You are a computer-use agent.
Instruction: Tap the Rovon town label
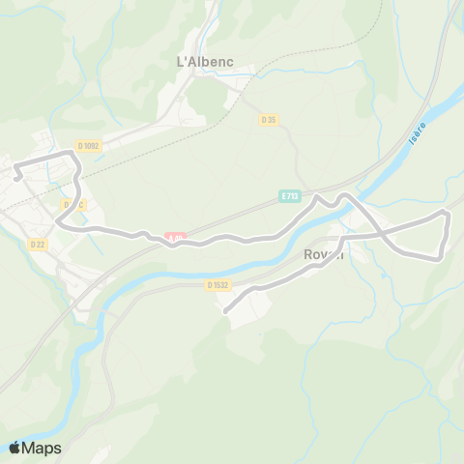click(x=324, y=254)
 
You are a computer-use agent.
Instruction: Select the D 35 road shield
click(x=269, y=119)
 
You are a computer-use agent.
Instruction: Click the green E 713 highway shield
click(x=289, y=195)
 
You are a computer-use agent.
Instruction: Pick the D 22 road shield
click(x=38, y=245)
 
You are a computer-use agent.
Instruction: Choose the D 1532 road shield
click(x=217, y=284)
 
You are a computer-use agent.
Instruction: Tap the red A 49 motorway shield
click(x=174, y=237)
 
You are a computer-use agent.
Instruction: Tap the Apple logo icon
click(x=15, y=448)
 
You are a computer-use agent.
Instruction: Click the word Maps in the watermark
click(x=43, y=448)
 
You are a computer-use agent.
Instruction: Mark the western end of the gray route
click(x=16, y=178)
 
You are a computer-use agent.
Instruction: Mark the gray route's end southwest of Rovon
click(x=225, y=311)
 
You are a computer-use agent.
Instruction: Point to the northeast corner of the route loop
click(x=446, y=211)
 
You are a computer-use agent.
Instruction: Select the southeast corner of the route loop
click(x=440, y=257)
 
